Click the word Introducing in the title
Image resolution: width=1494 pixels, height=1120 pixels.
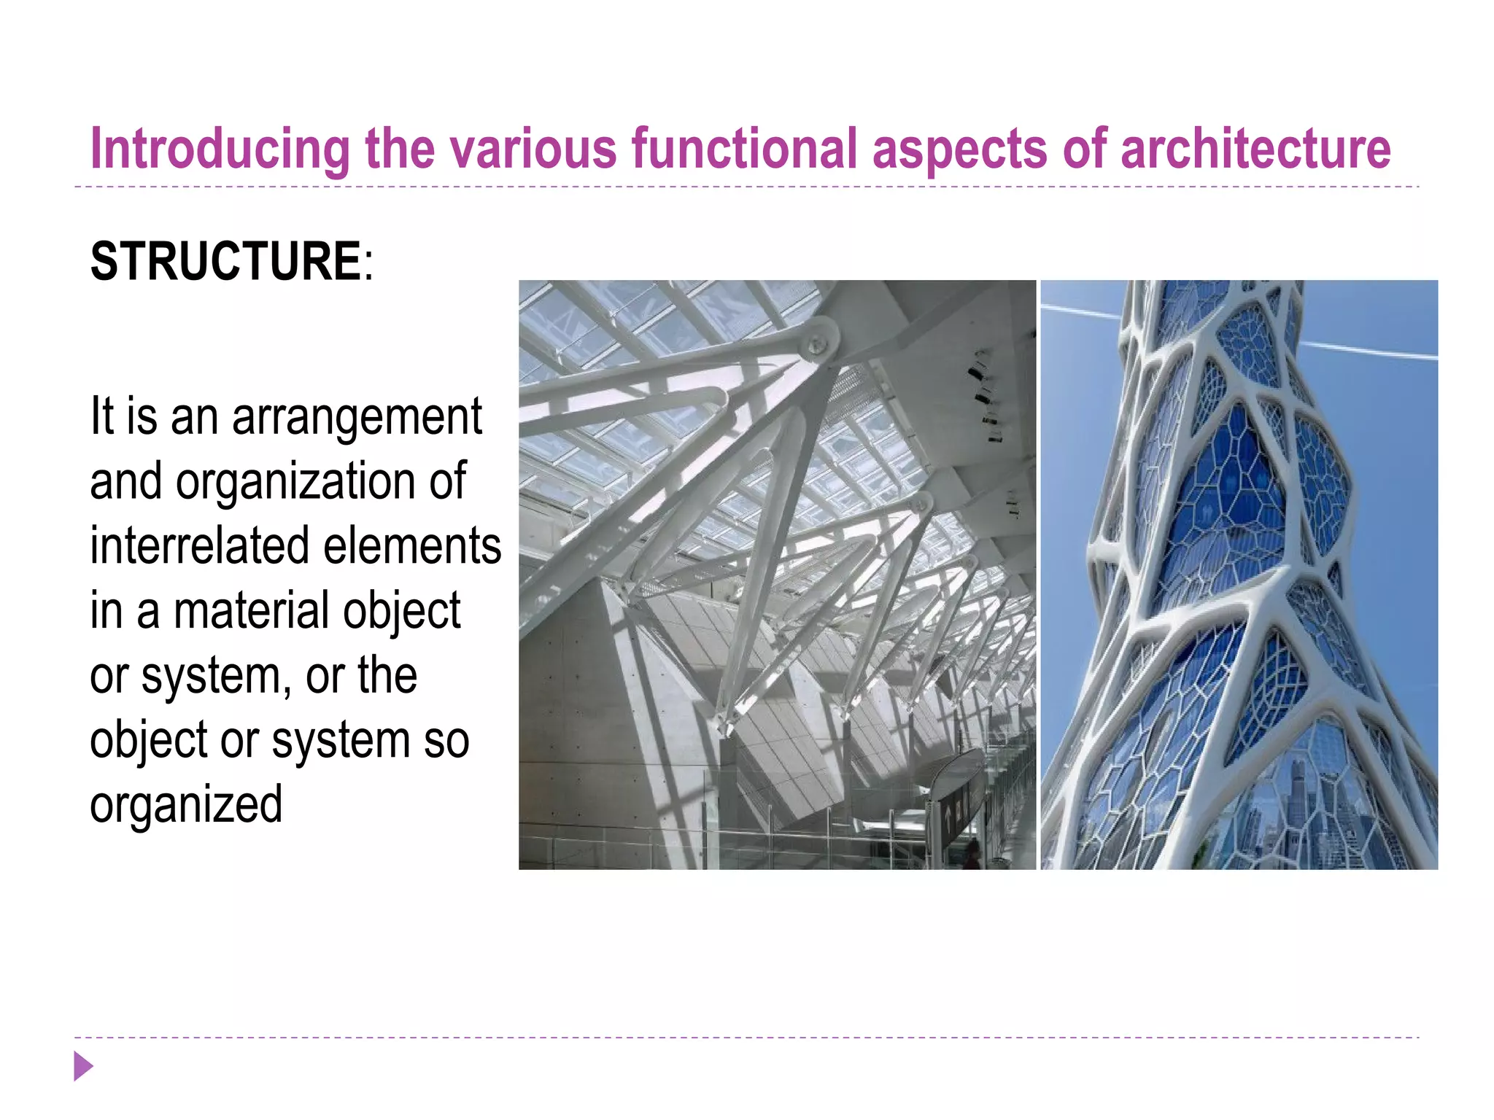pyautogui.click(x=220, y=149)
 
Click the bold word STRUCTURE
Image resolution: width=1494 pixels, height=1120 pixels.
pyautogui.click(x=225, y=261)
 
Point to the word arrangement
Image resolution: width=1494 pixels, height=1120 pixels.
pyautogui.click(x=357, y=418)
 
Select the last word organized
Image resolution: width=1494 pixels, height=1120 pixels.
pyautogui.click(x=186, y=804)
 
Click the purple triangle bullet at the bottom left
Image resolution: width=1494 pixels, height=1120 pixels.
pyautogui.click(x=83, y=1066)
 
